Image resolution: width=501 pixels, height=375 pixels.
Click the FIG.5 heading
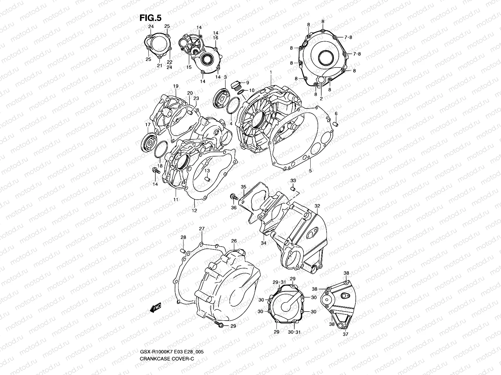click(150, 18)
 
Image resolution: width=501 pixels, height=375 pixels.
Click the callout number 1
click(271, 72)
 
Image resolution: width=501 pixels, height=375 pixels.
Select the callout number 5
click(310, 171)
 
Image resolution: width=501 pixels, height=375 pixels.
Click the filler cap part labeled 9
click(235, 85)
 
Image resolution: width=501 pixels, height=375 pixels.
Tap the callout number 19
click(175, 86)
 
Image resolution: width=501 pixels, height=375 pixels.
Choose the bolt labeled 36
click(233, 197)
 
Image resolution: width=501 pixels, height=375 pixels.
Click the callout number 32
click(317, 206)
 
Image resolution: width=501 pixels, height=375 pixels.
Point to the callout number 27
click(202, 229)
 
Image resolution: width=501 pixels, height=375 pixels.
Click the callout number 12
click(194, 210)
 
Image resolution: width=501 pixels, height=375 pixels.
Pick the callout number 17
click(148, 125)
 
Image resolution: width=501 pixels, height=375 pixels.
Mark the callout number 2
click(321, 98)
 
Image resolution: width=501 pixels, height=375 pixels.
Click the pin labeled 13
click(207, 179)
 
